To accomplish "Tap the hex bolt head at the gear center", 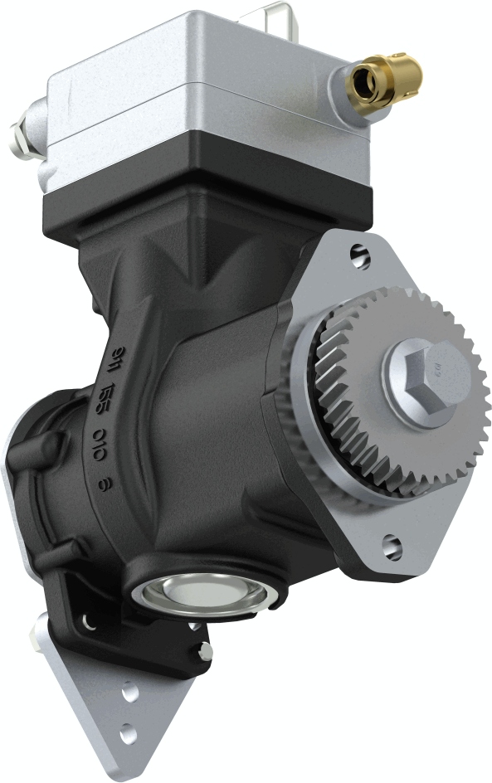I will (x=425, y=377).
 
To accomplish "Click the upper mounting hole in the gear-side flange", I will (x=358, y=255).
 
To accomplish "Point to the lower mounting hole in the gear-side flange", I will (x=392, y=546).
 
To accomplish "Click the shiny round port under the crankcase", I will (x=199, y=594).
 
